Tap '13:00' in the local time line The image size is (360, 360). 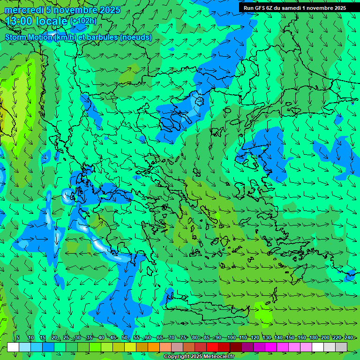pos(19,21)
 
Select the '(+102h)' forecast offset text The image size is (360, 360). pos(83,21)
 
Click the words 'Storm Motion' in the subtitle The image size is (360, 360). pos(29,37)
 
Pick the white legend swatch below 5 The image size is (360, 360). pos(13,347)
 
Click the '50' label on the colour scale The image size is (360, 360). pos(125,338)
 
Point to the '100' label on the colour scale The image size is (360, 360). pos(231,338)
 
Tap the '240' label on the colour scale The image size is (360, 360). pos(349,338)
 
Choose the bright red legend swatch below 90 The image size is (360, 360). pos(212,347)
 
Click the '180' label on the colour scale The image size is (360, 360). pos(314,338)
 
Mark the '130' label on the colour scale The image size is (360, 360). pos(267,338)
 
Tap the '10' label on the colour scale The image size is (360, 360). pos(30,338)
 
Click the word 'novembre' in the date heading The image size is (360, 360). pos(75,10)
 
